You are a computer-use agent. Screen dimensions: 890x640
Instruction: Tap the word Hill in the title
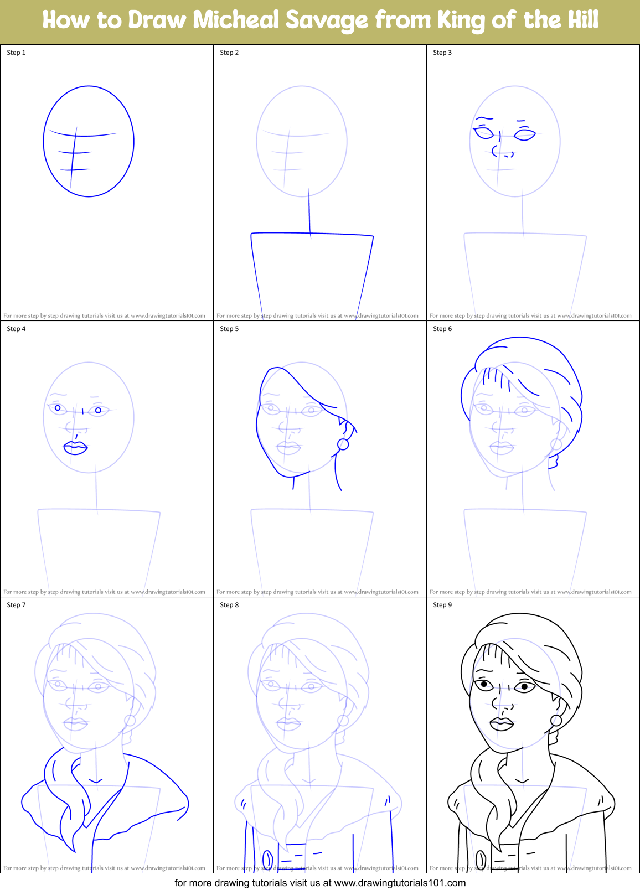click(580, 20)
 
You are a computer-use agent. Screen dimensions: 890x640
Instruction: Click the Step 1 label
click(16, 53)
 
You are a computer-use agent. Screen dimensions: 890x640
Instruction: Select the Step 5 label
click(229, 329)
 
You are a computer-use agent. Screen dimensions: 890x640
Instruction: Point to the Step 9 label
click(442, 605)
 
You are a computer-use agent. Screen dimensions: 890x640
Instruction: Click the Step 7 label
click(16, 605)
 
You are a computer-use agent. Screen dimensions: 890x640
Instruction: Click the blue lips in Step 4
click(75, 448)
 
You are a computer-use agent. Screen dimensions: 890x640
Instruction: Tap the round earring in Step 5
click(343, 444)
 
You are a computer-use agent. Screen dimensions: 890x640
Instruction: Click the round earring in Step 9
click(556, 720)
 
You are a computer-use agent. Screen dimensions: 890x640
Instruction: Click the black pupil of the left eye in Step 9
click(484, 685)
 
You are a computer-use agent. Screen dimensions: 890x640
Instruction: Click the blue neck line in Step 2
click(309, 213)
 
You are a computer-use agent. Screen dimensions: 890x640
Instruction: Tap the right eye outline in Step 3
click(524, 134)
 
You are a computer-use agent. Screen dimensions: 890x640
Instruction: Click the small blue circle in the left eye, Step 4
click(58, 408)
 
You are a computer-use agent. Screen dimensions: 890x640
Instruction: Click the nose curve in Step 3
click(494, 150)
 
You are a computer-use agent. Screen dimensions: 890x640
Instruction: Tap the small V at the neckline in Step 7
click(95, 782)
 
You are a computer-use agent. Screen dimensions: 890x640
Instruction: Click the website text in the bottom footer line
click(400, 883)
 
